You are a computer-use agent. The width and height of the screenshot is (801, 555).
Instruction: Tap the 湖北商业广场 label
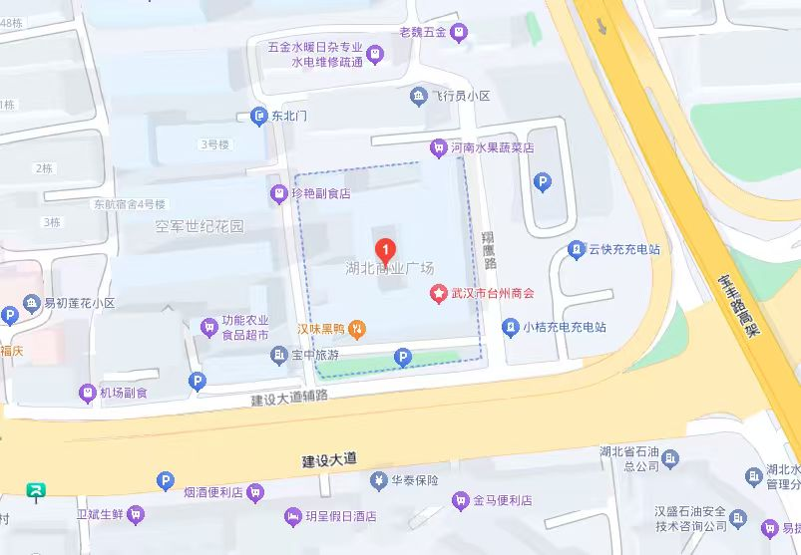(389, 269)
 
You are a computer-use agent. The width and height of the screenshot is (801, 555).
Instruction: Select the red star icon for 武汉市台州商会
(437, 294)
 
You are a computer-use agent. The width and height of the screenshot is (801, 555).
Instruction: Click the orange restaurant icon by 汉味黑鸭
(357, 328)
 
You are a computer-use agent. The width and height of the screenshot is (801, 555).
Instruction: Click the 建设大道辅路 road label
(290, 398)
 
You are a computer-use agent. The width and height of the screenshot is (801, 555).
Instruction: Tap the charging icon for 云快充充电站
(577, 250)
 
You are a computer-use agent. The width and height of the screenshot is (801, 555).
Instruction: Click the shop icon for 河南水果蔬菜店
(437, 147)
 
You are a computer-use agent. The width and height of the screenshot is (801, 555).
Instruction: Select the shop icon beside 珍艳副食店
(278, 194)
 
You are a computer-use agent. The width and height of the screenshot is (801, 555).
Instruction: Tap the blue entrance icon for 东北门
(259, 117)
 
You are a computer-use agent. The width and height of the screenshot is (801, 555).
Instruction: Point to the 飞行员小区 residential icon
(419, 96)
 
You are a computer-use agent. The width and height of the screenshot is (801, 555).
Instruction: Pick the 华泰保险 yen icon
(379, 481)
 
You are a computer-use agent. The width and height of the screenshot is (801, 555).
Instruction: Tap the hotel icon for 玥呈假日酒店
(292, 516)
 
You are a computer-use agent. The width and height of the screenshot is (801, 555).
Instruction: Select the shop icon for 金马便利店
(460, 500)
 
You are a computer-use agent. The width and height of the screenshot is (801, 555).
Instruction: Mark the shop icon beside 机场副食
(87, 393)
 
